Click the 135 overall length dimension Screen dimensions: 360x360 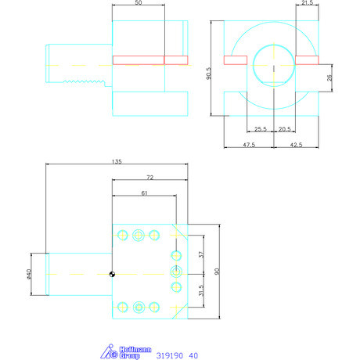pyautogui.click(x=116, y=163)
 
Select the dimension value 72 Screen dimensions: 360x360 pyautogui.click(x=149, y=178)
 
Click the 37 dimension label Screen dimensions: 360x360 pyautogui.click(x=200, y=255)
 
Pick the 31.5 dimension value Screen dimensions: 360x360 pyautogui.click(x=200, y=290)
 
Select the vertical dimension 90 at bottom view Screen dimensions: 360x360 pyautogui.click(x=217, y=271)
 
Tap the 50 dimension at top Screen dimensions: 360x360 pyautogui.click(x=139, y=4)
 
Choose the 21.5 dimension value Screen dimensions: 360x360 pyautogui.click(x=308, y=4)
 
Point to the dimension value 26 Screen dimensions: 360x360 pyautogui.click(x=329, y=77)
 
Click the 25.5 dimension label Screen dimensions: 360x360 pyautogui.click(x=260, y=128)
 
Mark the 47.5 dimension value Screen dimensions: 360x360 pyautogui.click(x=248, y=145)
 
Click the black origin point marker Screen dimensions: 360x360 pyautogui.click(x=113, y=274)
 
